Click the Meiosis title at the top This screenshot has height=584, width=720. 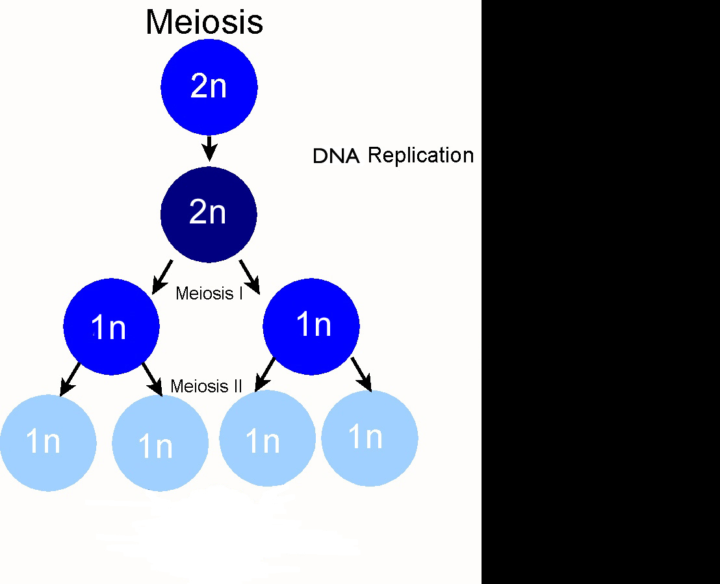[x=204, y=22]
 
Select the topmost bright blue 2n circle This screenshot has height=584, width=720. [x=209, y=87]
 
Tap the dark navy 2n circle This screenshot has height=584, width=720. [x=209, y=214]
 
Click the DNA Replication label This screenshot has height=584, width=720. [x=393, y=156]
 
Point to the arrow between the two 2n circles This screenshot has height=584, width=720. [x=209, y=148]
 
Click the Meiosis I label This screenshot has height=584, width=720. [x=209, y=294]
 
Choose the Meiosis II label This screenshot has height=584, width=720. [x=206, y=386]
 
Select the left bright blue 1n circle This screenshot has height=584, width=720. [x=111, y=327]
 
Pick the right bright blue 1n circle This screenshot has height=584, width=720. [x=311, y=327]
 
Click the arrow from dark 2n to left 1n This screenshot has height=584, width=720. [x=162, y=277]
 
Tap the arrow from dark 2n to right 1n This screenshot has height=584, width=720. [x=250, y=277]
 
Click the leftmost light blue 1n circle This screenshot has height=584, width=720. [x=48, y=442]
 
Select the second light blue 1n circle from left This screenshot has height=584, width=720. [x=161, y=443]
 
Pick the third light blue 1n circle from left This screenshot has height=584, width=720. [x=267, y=438]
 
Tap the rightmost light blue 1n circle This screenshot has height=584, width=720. [x=370, y=438]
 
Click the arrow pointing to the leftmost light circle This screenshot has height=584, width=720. [x=70, y=379]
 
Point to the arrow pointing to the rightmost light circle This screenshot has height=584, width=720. [x=361, y=375]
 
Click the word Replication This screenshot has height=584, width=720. [x=420, y=156]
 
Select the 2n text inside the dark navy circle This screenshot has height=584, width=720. [x=207, y=212]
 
